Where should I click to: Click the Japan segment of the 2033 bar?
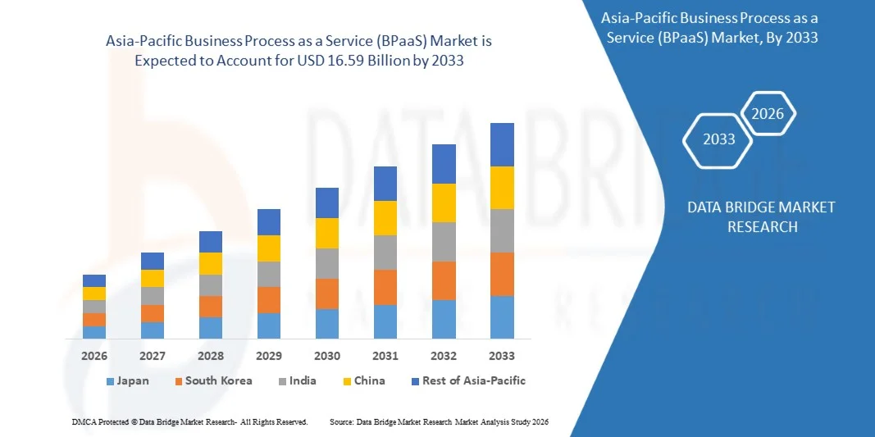502,317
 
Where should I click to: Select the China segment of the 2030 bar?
327,233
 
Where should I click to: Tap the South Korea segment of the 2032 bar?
444,280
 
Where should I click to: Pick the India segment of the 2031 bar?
385,253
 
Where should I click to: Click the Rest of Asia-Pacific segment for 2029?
269,222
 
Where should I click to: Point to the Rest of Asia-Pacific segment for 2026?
94,280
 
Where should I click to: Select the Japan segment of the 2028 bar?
211,328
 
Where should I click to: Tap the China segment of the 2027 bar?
153,278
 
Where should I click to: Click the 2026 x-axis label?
94,356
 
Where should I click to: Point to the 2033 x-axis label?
502,356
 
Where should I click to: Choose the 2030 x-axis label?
327,356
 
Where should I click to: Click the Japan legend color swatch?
110,382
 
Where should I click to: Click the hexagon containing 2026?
768,114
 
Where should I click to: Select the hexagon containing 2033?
719,139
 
